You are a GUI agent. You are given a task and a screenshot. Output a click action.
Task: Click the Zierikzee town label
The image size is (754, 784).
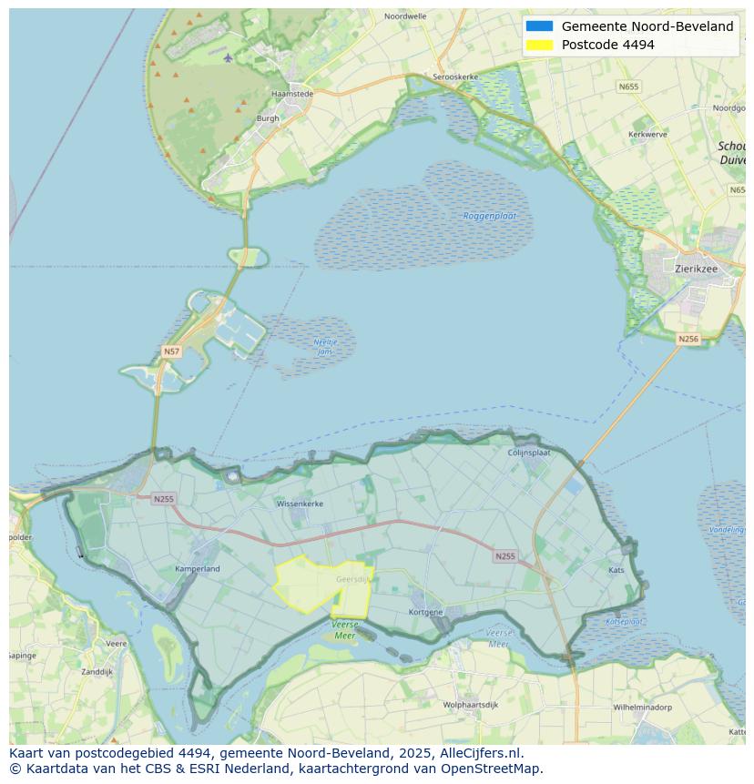[698, 269]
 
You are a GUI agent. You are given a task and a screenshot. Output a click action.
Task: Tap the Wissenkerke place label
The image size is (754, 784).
[300, 503]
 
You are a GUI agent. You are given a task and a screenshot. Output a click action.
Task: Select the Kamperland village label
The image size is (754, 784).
[197, 569]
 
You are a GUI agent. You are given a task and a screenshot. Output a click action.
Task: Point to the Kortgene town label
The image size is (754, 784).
[425, 612]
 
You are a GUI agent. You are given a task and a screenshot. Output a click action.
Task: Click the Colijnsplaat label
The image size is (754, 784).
[529, 452]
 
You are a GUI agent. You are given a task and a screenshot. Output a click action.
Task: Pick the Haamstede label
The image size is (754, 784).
[292, 94]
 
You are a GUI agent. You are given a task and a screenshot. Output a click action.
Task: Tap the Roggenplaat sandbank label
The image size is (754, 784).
[490, 216]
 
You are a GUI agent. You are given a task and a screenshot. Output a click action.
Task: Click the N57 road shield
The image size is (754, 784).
[171, 351]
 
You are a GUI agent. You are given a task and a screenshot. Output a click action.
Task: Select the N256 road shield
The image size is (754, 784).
[688, 339]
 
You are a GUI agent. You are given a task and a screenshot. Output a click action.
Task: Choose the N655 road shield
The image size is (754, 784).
[628, 87]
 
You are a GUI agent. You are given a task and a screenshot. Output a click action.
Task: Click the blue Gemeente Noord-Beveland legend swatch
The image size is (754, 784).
[539, 26]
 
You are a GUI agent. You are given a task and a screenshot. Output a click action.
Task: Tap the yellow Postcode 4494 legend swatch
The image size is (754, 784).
[539, 45]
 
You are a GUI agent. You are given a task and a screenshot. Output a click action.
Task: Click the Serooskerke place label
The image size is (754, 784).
[455, 77]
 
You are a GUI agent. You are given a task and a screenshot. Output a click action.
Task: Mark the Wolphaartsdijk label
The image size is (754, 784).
[470, 706]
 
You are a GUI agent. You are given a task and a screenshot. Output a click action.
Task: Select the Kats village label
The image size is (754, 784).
[616, 570]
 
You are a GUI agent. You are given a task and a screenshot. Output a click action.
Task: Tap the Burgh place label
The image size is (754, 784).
[268, 118]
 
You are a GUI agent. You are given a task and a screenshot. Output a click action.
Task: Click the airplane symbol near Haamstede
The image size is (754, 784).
[228, 58]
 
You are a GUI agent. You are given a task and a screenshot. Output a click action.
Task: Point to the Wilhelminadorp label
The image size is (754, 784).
[642, 707]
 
